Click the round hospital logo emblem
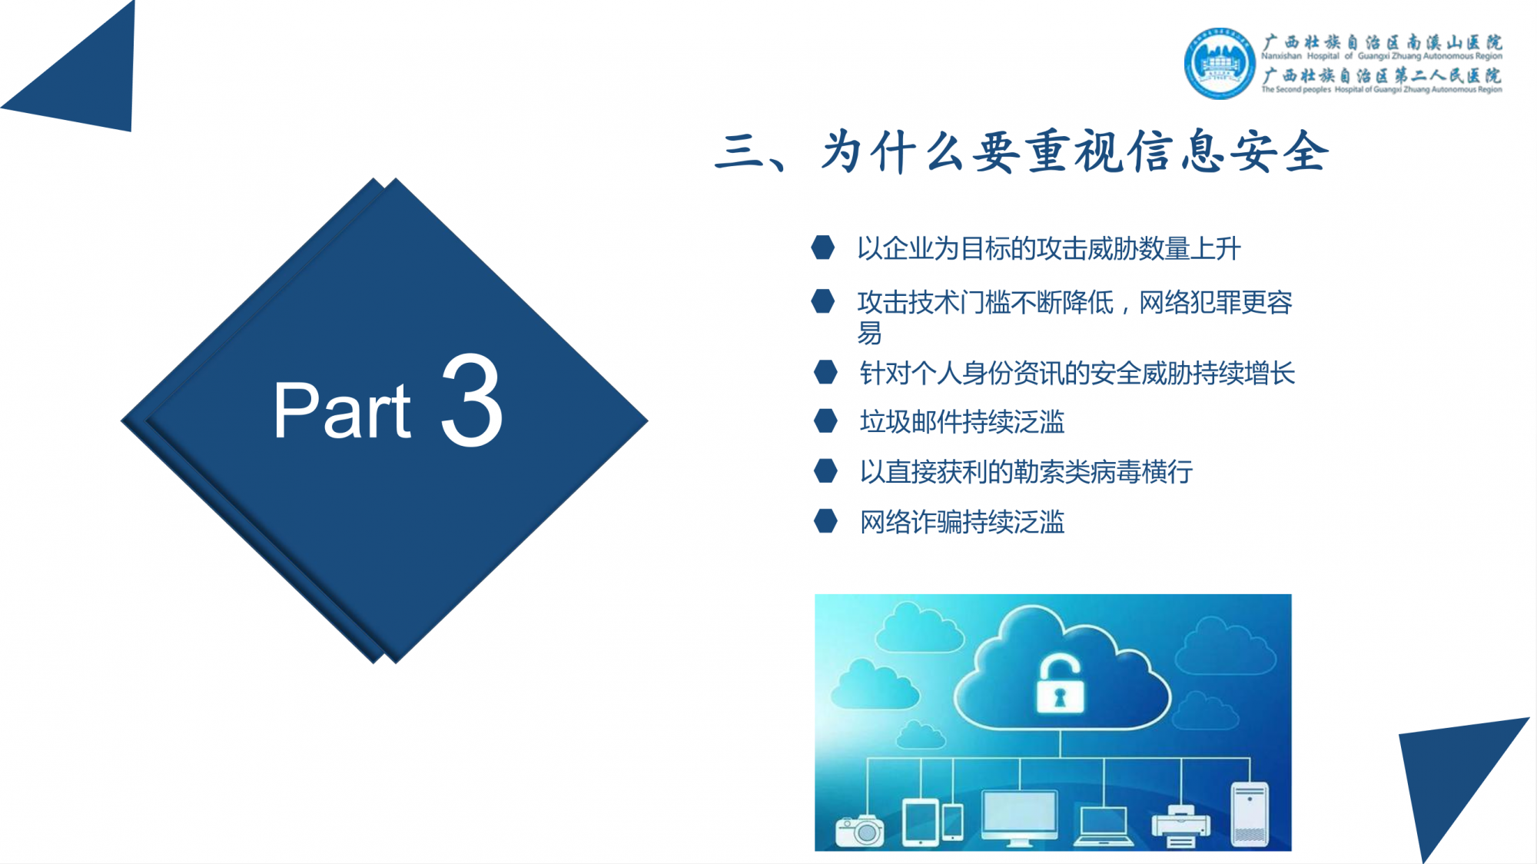tap(1220, 64)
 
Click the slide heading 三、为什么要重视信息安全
tap(1022, 151)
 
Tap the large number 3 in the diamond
tap(472, 400)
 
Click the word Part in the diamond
tap(343, 410)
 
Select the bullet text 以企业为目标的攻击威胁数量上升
tap(1049, 248)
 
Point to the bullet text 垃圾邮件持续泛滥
tap(962, 421)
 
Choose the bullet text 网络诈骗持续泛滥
tap(962, 522)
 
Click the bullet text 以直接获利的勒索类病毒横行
tap(1026, 471)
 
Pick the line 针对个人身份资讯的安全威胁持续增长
tap(1077, 373)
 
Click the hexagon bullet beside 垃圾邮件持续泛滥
tap(825, 420)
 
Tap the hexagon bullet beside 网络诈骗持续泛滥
tap(825, 520)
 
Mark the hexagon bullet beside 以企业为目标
tap(823, 248)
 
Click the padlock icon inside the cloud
tap(1060, 683)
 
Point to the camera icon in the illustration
tap(860, 831)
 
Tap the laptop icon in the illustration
tap(1104, 826)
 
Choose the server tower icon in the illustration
tap(1250, 815)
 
